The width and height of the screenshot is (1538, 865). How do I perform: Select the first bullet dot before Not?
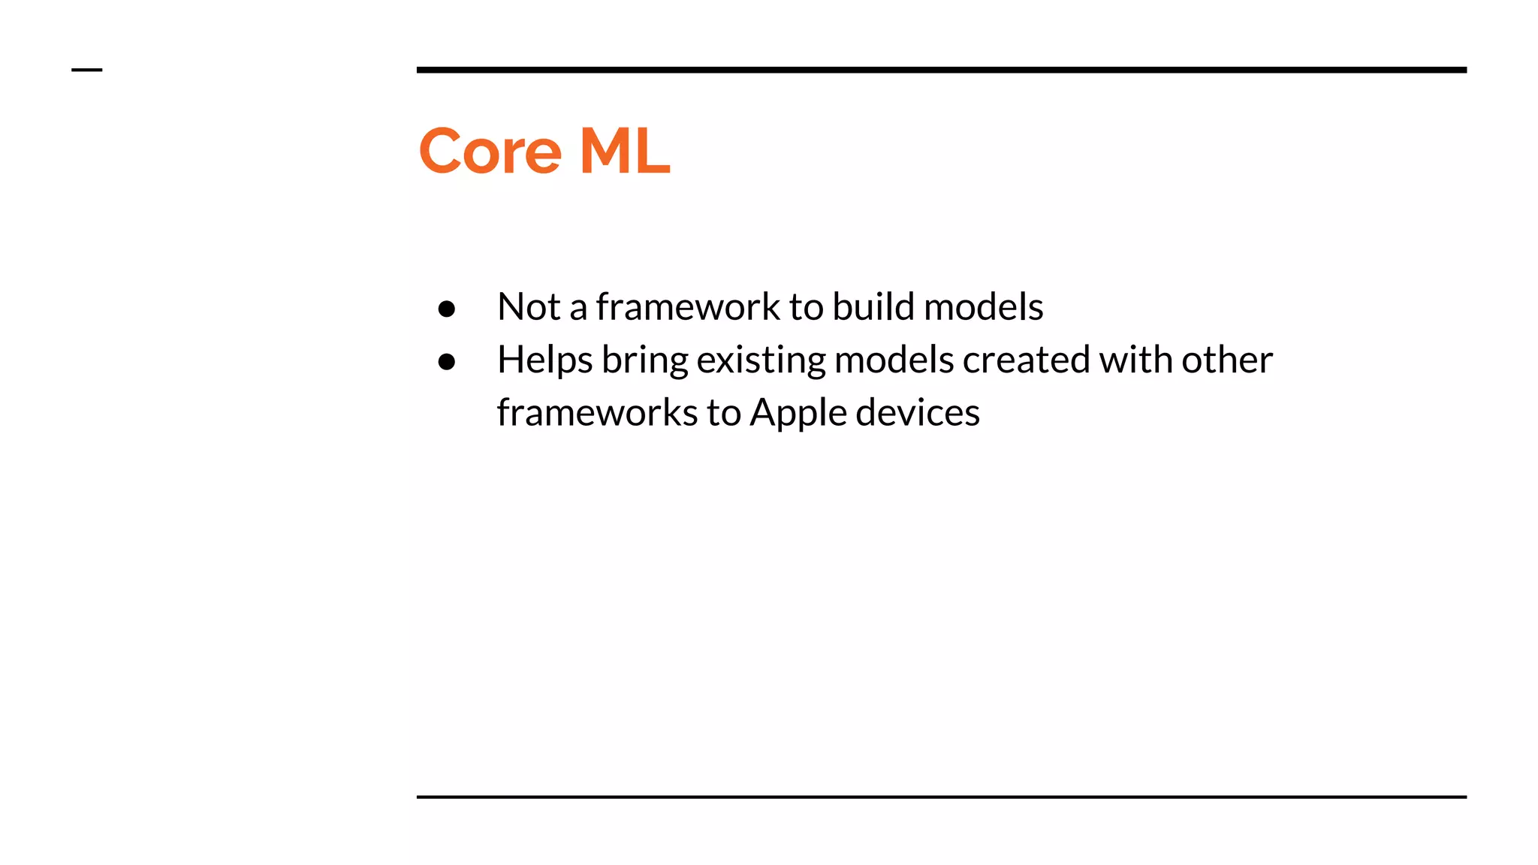(447, 309)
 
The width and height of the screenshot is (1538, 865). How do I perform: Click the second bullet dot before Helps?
(447, 362)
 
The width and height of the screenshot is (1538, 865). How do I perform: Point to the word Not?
(529, 306)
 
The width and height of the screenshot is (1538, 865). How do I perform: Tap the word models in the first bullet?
(983, 306)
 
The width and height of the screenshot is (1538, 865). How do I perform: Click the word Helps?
(544, 360)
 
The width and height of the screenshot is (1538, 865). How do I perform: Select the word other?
(1227, 360)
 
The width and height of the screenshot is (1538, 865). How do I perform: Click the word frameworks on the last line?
(597, 412)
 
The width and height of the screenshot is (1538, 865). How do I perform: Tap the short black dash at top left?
(86, 70)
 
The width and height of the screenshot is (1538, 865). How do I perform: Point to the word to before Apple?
(724, 413)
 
